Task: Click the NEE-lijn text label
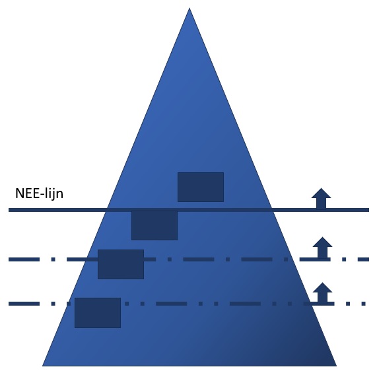pos(39,193)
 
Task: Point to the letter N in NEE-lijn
pos(19,193)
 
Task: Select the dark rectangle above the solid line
pos(201,187)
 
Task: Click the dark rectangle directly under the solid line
pos(154,226)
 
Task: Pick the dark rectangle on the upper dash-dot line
pos(121,264)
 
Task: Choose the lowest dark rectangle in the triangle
pos(98,313)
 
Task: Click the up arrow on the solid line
pos(322,198)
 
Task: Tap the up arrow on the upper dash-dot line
pos(322,248)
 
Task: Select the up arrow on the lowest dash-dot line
pos(322,292)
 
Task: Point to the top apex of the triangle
pos(189,8)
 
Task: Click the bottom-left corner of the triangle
pos(42,366)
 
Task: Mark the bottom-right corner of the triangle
pos(336,366)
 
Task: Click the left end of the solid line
pos(9,210)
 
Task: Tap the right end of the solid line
pos(369,210)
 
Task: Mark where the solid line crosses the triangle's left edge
pos(108,210)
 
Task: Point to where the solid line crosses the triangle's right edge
pos(271,210)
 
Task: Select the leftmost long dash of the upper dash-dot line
pos(24,259)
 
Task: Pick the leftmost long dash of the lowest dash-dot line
pos(24,304)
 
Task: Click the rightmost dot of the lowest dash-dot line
pos(364,304)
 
